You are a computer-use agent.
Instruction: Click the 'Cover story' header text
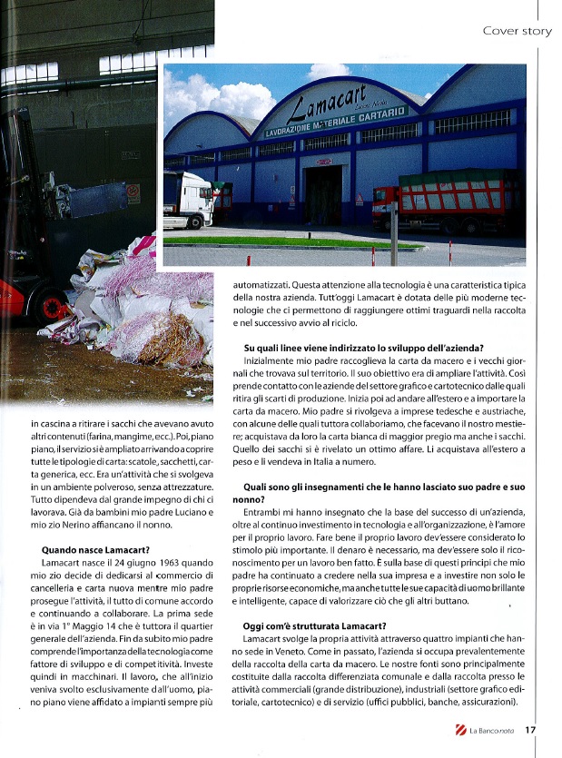click(517, 31)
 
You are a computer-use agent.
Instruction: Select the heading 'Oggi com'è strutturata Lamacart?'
click(315, 625)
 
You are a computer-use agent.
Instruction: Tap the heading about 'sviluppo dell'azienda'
click(364, 348)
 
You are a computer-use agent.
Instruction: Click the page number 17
click(531, 730)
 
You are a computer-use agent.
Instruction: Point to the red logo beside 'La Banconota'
click(461, 730)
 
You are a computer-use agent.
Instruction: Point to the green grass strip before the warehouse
click(291, 242)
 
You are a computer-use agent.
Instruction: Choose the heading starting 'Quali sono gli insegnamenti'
click(384, 487)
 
